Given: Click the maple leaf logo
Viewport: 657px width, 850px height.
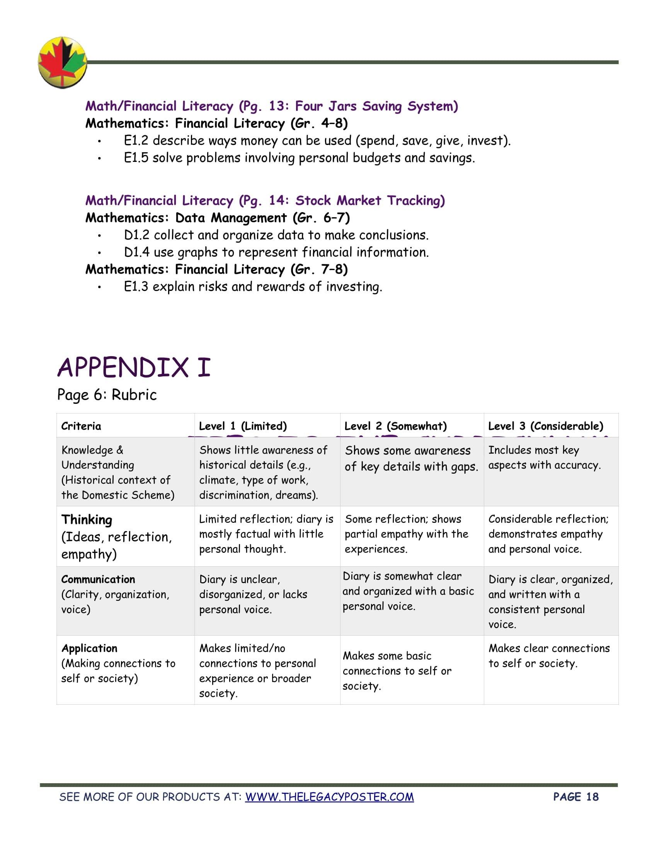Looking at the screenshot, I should [x=62, y=62].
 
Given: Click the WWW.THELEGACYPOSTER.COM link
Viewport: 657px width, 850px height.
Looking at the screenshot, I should [x=329, y=797].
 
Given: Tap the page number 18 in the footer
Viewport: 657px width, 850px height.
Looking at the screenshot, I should [x=592, y=797].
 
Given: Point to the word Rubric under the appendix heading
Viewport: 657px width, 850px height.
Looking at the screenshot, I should [x=134, y=394].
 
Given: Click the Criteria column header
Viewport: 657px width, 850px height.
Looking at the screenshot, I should [x=81, y=426].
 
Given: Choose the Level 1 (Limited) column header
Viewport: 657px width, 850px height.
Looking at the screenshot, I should [x=242, y=426].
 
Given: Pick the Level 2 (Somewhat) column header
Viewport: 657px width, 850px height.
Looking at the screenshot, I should [x=395, y=426].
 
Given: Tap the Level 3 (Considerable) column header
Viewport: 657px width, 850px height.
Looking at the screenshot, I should [x=546, y=426].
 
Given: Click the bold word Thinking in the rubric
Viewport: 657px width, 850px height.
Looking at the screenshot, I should [x=87, y=520].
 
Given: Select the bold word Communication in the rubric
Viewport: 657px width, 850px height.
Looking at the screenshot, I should [x=98, y=579].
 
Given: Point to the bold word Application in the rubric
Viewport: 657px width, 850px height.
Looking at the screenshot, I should [x=89, y=648].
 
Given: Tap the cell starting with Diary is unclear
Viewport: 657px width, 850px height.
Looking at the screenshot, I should [x=253, y=594].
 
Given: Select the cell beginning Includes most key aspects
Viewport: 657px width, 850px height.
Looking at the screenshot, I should [x=544, y=457].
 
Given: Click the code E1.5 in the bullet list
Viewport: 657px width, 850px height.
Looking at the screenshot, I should [x=136, y=158].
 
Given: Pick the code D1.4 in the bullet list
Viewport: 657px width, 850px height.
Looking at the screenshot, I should [x=136, y=252].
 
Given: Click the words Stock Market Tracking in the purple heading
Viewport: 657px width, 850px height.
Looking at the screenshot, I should [x=370, y=201].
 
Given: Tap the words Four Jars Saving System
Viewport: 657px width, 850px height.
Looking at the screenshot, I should [x=376, y=106].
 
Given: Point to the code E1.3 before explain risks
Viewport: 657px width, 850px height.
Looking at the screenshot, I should [x=136, y=286].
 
